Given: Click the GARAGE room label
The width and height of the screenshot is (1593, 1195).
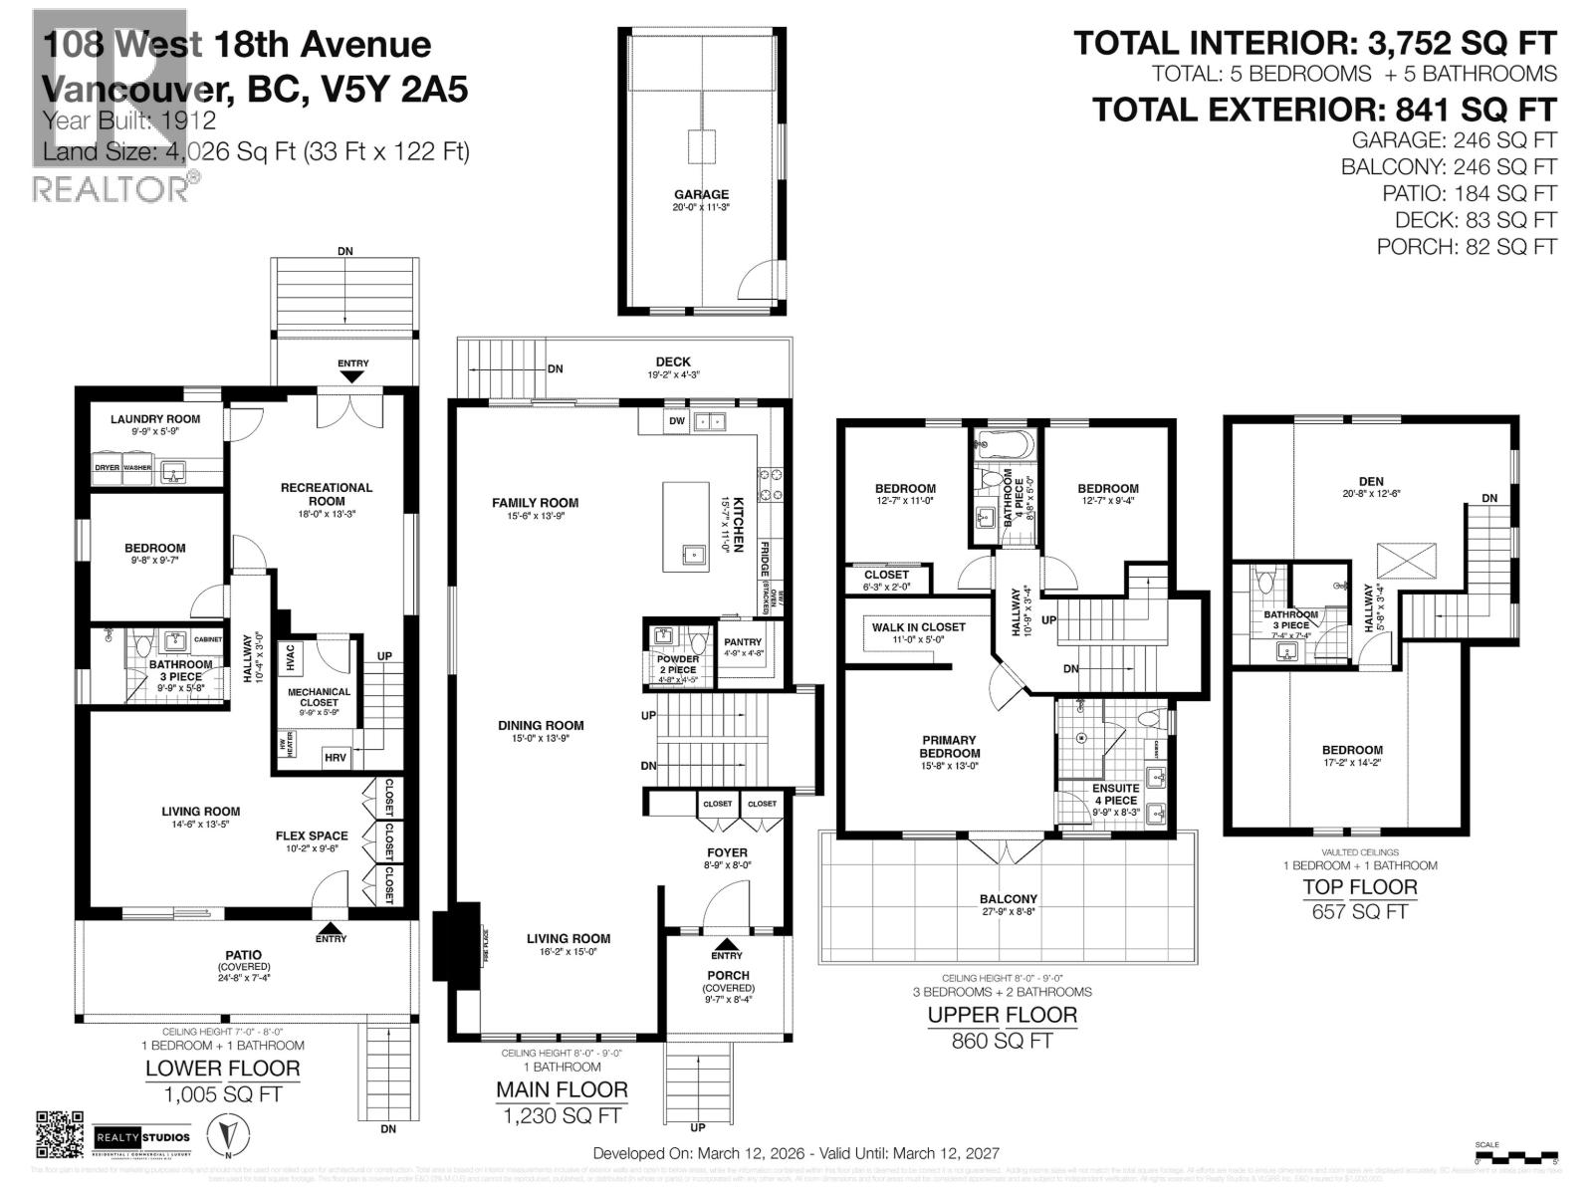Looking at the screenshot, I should (701, 194).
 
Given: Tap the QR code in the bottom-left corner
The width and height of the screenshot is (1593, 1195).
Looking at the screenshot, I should (60, 1134).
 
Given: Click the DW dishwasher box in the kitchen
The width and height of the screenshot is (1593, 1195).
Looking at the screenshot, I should (677, 421).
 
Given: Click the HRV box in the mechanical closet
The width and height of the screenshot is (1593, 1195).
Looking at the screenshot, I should (336, 758).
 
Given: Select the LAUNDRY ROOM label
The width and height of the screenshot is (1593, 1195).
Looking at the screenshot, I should (155, 419).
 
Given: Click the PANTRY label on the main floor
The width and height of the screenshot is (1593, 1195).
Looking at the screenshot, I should (743, 642).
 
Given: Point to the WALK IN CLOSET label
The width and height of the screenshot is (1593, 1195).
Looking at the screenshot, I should (918, 627).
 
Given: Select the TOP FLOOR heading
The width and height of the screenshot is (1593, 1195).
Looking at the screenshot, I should (1360, 886).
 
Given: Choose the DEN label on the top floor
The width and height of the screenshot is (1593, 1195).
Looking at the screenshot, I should (1370, 481).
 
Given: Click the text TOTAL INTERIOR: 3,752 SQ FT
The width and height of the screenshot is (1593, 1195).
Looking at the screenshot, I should (1314, 43).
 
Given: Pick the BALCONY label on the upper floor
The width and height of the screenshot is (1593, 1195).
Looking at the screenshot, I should (1008, 899).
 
